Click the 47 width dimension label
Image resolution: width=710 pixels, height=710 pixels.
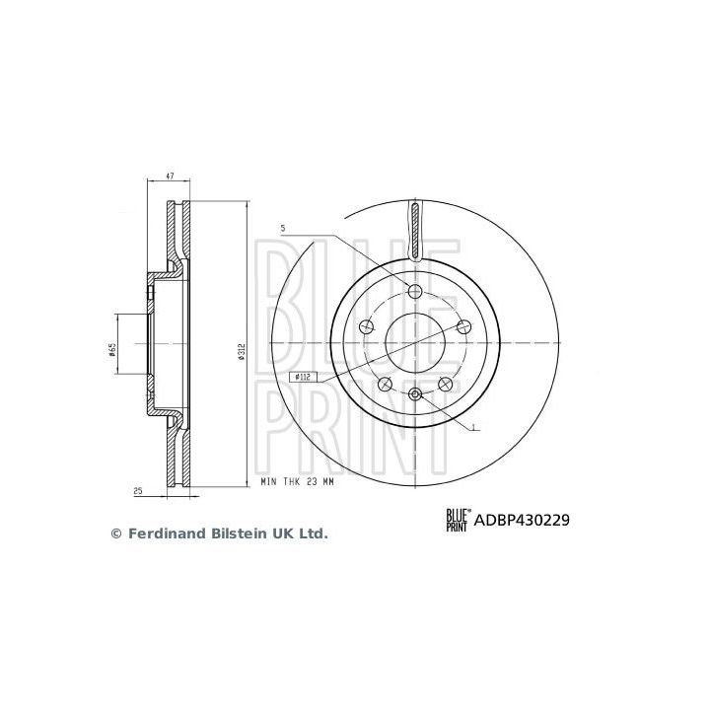click(171, 177)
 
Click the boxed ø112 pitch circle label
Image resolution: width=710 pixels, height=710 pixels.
click(303, 376)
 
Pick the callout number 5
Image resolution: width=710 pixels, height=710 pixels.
click(282, 229)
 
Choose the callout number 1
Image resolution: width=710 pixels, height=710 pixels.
click(475, 427)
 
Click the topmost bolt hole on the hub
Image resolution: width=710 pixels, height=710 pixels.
click(414, 290)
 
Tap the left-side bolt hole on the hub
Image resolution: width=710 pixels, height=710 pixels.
click(368, 327)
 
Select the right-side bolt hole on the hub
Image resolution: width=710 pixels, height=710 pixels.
click(461, 327)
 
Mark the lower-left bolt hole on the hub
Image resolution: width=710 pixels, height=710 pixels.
click(386, 383)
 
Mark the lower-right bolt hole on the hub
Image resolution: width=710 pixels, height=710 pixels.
click(444, 383)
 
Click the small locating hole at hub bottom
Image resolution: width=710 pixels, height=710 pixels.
click(414, 395)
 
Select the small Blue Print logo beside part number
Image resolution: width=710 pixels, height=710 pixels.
click(458, 519)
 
